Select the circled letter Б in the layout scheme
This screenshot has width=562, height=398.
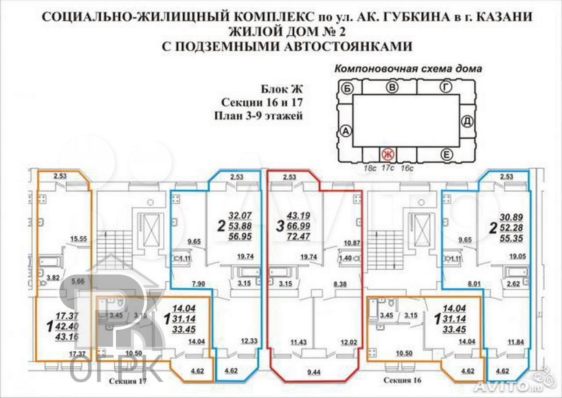(347, 88)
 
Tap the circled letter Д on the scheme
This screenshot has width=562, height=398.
(468, 121)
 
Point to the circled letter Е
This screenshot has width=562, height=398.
(446, 155)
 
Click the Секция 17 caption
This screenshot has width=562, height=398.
(128, 380)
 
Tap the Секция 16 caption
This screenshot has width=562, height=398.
(402, 380)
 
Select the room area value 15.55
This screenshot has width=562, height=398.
(78, 239)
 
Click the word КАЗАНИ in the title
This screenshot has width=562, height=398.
(496, 18)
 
